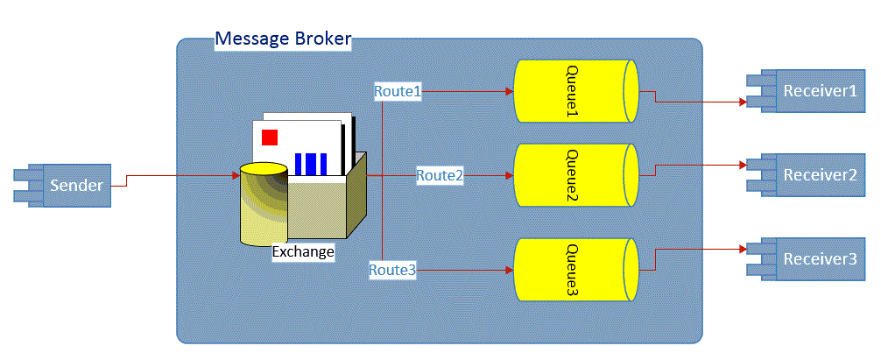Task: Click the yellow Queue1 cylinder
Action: (x=576, y=91)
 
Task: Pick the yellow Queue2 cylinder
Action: (x=576, y=175)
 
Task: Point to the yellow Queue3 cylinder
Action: (x=576, y=270)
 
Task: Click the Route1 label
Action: (x=398, y=91)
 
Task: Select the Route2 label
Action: (x=440, y=175)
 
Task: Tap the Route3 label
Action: (x=392, y=270)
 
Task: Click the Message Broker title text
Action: (x=283, y=39)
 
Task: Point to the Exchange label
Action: (x=303, y=251)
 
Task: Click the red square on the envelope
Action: (x=271, y=137)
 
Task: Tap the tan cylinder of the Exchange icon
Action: (x=264, y=204)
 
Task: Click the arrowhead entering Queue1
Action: (x=510, y=91)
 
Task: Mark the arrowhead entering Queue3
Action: (x=510, y=270)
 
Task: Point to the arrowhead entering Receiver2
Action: (x=742, y=165)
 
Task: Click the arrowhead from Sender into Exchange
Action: (x=236, y=175)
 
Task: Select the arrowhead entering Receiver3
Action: (x=742, y=249)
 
